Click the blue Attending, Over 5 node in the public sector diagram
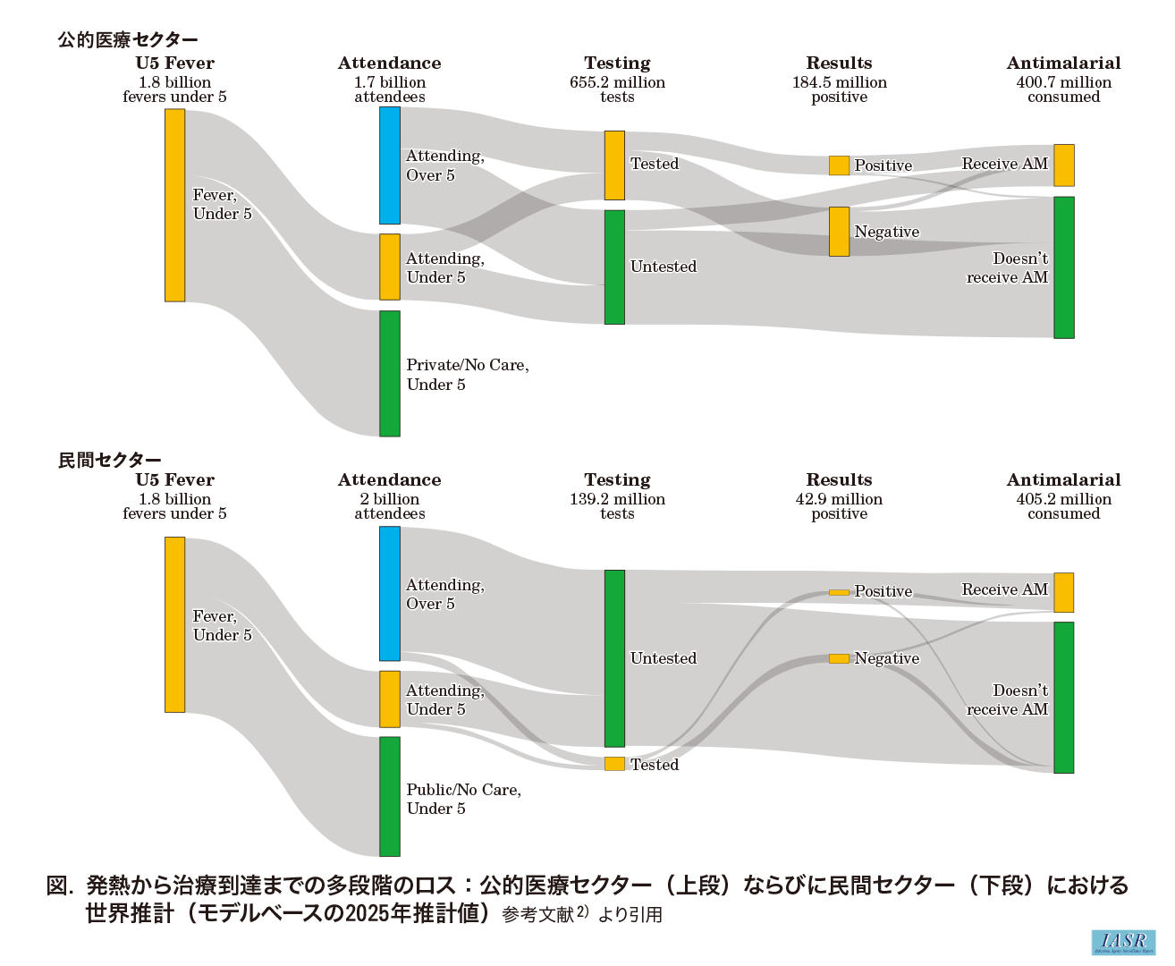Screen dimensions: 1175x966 tap(390, 165)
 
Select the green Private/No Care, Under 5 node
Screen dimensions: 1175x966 tap(390, 374)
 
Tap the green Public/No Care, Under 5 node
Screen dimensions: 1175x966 tap(390, 797)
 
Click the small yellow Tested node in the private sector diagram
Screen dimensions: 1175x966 tap(614, 764)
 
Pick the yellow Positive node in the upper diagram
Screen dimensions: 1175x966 tap(839, 165)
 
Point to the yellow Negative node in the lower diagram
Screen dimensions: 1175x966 tap(839, 659)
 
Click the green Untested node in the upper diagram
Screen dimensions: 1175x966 tap(614, 267)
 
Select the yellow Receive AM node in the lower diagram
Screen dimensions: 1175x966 tap(1063, 592)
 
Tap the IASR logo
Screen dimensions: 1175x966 tap(1123, 942)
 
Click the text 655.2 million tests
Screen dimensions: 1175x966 tap(617, 89)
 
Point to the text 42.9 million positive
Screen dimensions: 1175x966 tap(839, 506)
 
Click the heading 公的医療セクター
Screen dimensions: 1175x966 tap(128, 39)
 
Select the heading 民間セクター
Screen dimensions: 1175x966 tap(110, 460)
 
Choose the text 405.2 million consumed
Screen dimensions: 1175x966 tap(1063, 506)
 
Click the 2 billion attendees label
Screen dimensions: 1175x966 tap(390, 506)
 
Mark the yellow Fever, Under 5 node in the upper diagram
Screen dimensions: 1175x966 tap(174, 205)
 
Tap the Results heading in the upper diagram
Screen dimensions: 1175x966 tap(839, 63)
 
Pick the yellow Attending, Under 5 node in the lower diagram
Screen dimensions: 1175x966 tap(390, 699)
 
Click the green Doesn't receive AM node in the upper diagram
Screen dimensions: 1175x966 tap(1063, 267)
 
